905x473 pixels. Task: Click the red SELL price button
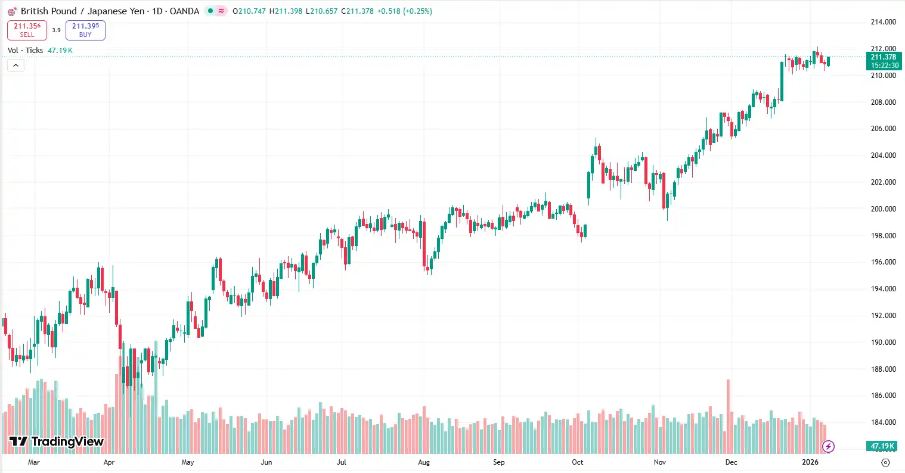pyautogui.click(x=27, y=30)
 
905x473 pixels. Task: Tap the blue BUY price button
pyautogui.click(x=85, y=30)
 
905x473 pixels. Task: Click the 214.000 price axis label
pyautogui.click(x=883, y=22)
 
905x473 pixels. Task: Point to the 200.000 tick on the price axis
pyautogui.click(x=883, y=209)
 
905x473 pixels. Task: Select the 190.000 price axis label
pyautogui.click(x=883, y=343)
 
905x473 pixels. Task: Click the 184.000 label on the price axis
pyautogui.click(x=883, y=422)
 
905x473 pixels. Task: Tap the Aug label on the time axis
pyautogui.click(x=424, y=462)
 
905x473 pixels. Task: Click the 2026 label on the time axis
pyautogui.click(x=810, y=462)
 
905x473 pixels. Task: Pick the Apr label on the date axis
pyautogui.click(x=109, y=462)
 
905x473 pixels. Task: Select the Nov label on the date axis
pyautogui.click(x=659, y=462)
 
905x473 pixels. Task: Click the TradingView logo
pyautogui.click(x=57, y=441)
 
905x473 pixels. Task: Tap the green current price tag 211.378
pyautogui.click(x=883, y=61)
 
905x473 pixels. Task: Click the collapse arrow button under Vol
pyautogui.click(x=16, y=66)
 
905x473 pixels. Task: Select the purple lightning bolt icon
pyautogui.click(x=828, y=446)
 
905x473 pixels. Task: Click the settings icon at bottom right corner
pyautogui.click(x=885, y=462)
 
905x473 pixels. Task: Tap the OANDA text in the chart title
pyautogui.click(x=184, y=11)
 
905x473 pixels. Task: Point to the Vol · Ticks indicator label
pyautogui.click(x=25, y=51)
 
